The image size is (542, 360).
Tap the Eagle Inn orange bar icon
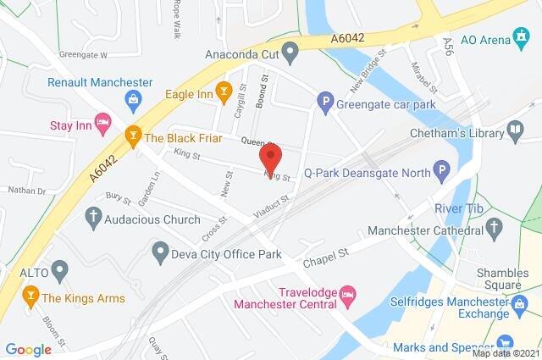pos(224,90)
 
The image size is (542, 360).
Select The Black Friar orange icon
pos(132,135)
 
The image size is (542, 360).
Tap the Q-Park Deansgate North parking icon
pos(440,174)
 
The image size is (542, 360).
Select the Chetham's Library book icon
pos(515,130)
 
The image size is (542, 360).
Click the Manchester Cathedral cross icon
pos(496,225)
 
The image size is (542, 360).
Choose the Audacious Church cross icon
pos(93,218)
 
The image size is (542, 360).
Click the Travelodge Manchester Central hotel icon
pos(348,296)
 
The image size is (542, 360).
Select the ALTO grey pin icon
pos(58,271)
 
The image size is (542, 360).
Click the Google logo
pos(28,349)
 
